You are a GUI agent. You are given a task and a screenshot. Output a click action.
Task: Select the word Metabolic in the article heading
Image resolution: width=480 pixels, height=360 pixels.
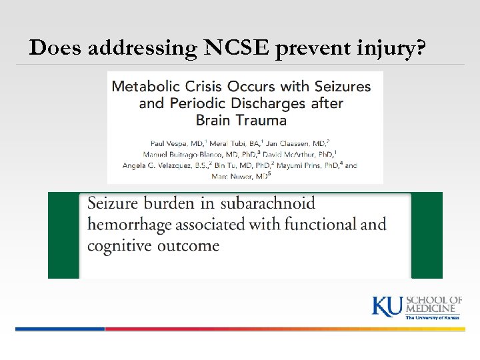tap(145, 87)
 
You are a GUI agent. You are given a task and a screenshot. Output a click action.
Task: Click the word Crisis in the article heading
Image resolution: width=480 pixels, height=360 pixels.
tap(203, 87)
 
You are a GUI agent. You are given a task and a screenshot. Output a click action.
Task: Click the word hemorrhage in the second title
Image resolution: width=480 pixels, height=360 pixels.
tap(127, 225)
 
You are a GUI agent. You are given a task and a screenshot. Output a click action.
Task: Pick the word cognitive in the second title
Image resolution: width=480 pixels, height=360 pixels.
tap(118, 245)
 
